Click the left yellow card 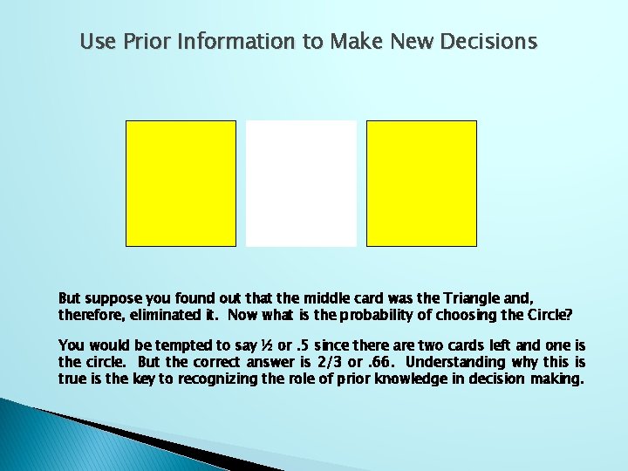point(181,183)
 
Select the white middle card point(301,183)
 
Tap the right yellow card point(421,183)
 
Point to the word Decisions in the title point(489,42)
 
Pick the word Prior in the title point(141,42)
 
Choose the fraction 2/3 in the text point(323,361)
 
